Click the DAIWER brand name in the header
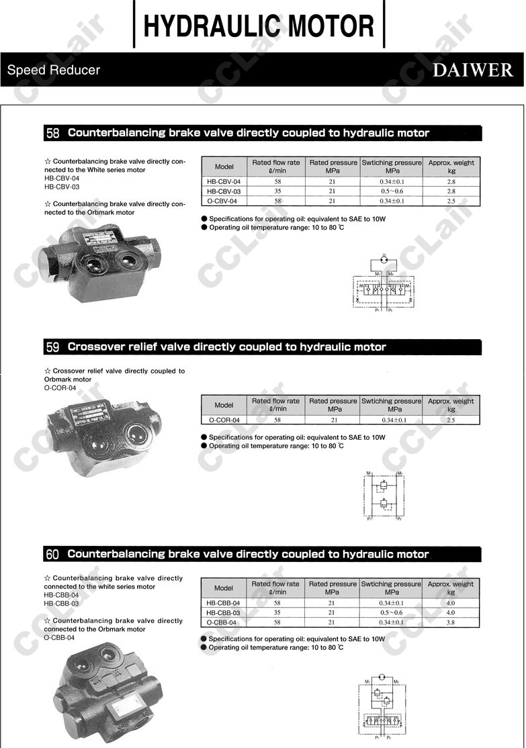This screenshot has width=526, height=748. coord(472,70)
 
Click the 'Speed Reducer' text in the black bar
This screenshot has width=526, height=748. coord(54,70)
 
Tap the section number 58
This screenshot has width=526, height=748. coord(53,133)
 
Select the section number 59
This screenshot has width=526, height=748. coord(53,347)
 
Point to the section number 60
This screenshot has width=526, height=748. coord(53,555)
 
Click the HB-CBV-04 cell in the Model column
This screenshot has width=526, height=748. coord(224,182)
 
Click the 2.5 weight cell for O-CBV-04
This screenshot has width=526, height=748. coord(451,201)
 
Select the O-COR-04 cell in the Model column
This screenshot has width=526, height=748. coord(224,420)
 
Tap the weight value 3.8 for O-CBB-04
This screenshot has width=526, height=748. coord(451,622)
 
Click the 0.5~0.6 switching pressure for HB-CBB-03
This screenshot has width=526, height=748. coord(391,612)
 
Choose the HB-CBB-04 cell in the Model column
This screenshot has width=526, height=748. coord(224,603)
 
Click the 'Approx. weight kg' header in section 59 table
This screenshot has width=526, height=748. coord(451,405)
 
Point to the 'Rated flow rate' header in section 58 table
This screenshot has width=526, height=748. coord(276,167)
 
